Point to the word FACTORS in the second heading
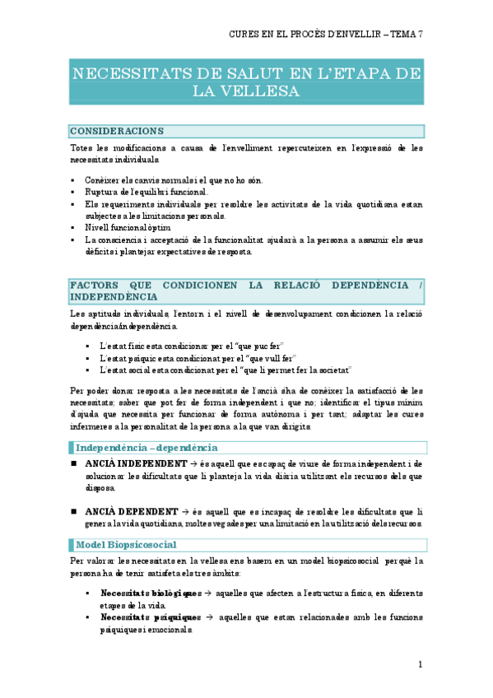pos(97,285)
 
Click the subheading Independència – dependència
pos(147,448)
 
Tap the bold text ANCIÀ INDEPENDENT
pos(136,463)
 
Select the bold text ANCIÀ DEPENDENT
pos(130,511)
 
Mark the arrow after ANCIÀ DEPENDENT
pos(185,511)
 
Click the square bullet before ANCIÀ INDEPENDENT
pos(73,464)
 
